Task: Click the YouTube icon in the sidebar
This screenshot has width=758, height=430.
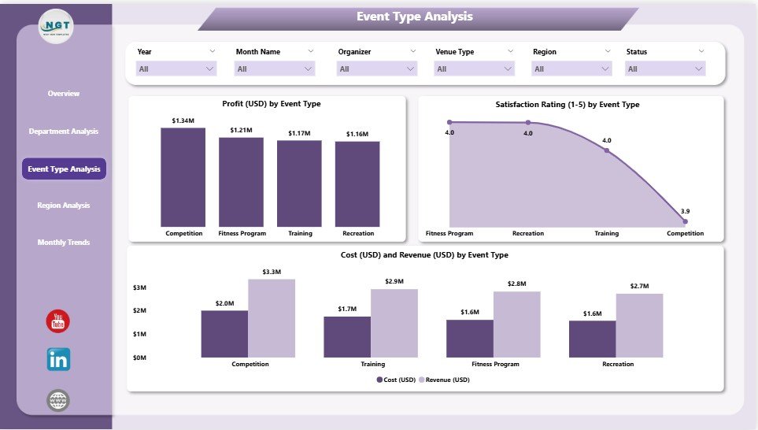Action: click(57, 321)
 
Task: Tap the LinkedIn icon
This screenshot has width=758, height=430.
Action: click(58, 359)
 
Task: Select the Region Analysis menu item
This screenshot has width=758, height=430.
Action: click(64, 206)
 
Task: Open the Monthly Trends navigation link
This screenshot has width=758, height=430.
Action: click(64, 243)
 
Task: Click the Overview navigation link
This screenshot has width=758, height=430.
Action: click(64, 94)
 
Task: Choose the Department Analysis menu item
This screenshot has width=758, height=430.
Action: click(64, 131)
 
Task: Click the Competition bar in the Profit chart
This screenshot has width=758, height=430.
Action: click(183, 177)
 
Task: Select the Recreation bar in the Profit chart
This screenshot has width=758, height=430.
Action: click(357, 183)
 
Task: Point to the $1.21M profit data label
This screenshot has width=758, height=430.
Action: click(242, 130)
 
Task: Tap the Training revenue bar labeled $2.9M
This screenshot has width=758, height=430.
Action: click(394, 323)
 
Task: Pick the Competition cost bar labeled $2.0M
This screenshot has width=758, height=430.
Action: click(224, 334)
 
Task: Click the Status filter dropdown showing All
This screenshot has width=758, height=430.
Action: click(665, 69)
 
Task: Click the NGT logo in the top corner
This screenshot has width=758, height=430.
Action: click(57, 27)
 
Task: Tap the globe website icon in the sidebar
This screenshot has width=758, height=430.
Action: click(58, 401)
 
